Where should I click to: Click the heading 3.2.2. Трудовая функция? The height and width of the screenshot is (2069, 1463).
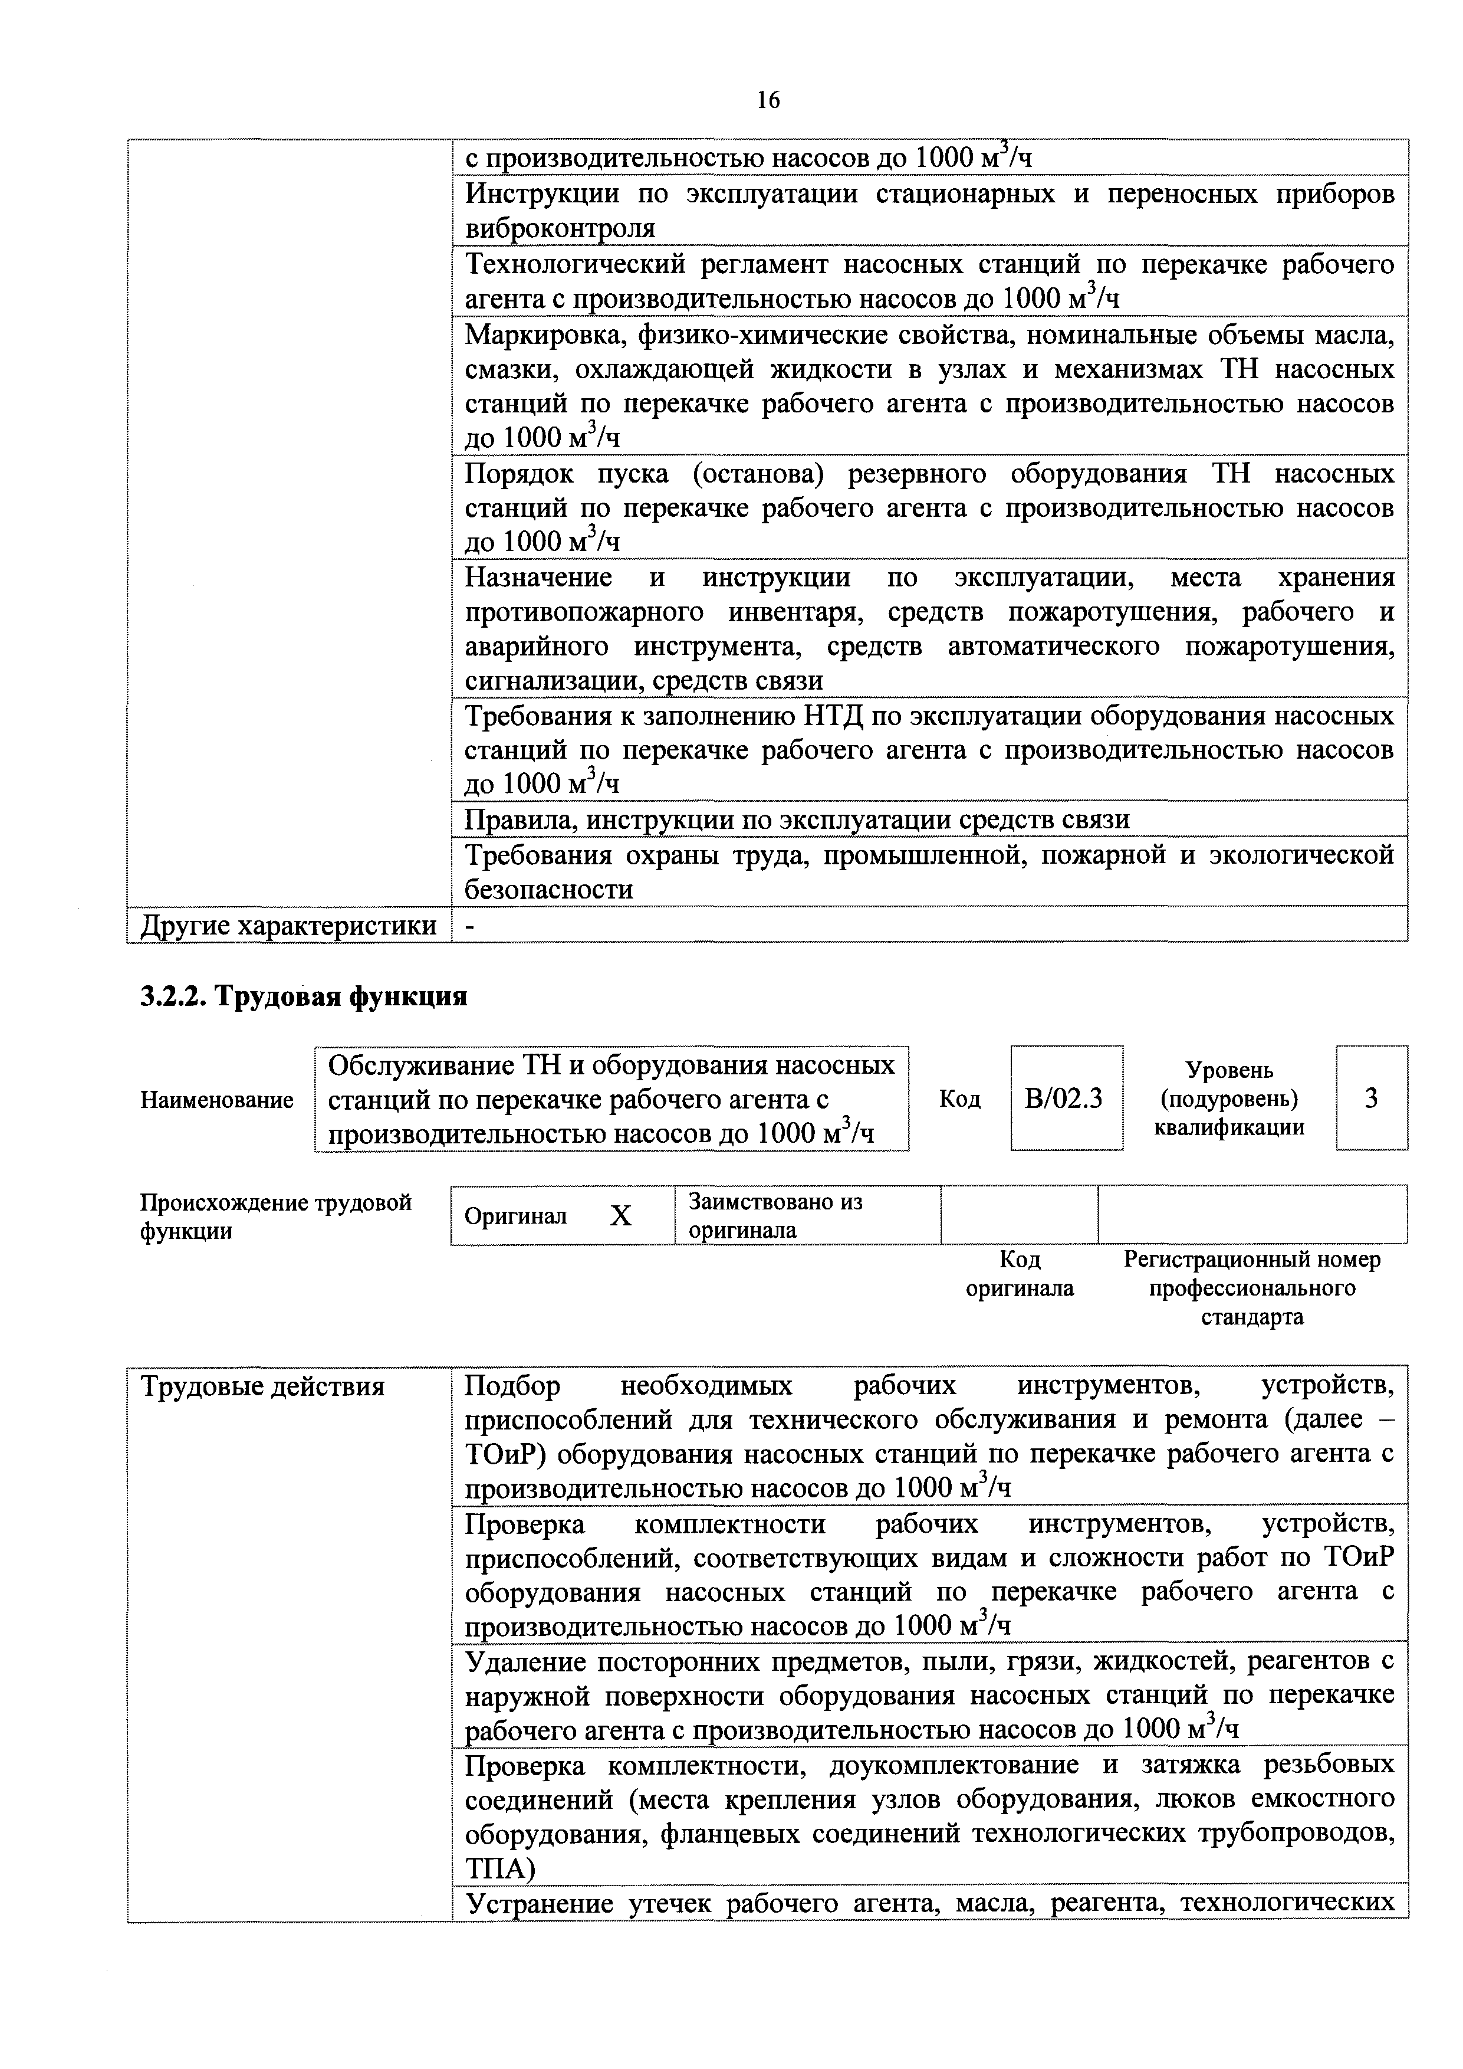(304, 996)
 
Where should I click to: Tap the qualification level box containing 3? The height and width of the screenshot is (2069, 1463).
(1371, 1099)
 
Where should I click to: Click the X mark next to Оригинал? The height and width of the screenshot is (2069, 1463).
(621, 1217)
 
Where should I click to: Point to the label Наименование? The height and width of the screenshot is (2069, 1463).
(216, 1100)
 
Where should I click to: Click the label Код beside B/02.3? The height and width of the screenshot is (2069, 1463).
(959, 1099)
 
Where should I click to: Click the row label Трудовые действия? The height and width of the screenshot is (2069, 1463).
(263, 1387)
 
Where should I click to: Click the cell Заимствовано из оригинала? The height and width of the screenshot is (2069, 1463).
(775, 1216)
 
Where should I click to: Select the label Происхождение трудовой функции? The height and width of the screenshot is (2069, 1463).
(275, 1217)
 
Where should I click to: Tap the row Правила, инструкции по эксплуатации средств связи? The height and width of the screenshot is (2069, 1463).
(796, 819)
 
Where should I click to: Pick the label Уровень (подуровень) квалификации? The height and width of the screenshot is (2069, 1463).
(1229, 1099)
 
